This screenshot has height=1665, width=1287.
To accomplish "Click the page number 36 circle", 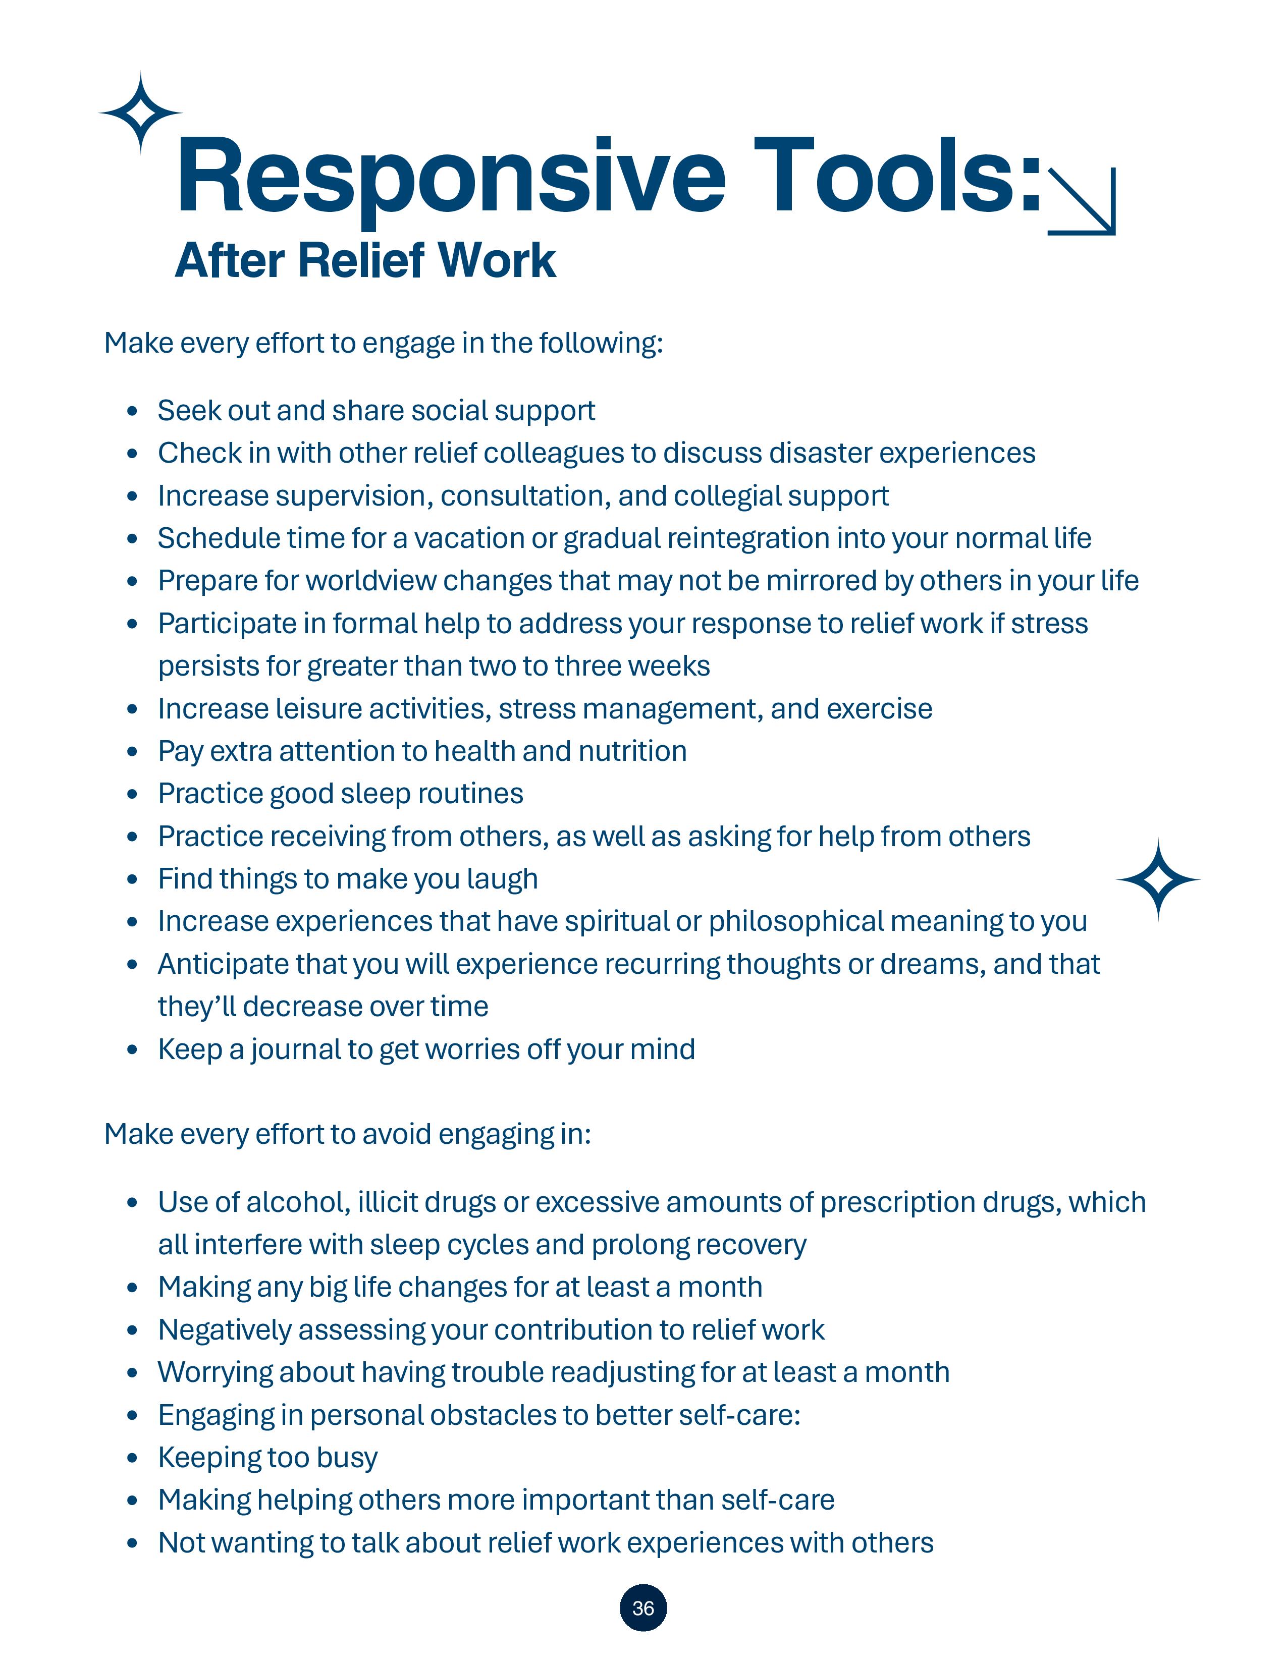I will click(x=642, y=1608).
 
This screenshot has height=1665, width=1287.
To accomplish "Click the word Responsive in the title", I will click(x=450, y=177).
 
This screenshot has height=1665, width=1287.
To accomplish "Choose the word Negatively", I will click(x=224, y=1330).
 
